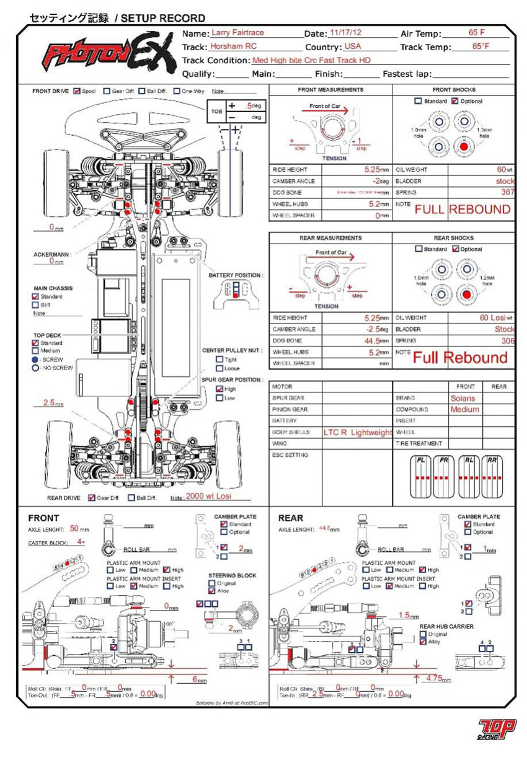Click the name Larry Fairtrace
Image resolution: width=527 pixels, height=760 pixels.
pyautogui.click(x=238, y=32)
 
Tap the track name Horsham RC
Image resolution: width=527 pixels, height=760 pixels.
pyautogui.click(x=233, y=46)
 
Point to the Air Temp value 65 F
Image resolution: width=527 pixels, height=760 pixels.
pyautogui.click(x=477, y=32)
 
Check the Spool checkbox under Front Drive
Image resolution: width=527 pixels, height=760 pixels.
pyautogui.click(x=77, y=91)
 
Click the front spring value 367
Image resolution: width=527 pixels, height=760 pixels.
pyautogui.click(x=508, y=193)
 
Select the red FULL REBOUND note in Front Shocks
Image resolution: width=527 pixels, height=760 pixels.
pyautogui.click(x=463, y=210)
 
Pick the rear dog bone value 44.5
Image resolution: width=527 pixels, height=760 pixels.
pyautogui.click(x=373, y=341)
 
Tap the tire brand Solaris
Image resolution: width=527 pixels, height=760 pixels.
pyautogui.click(x=463, y=399)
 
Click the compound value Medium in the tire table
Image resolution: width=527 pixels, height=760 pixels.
pyautogui.click(x=464, y=410)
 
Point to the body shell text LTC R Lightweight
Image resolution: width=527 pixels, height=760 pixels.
pyautogui.click(x=358, y=433)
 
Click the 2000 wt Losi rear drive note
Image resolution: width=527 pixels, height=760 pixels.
pyautogui.click(x=209, y=497)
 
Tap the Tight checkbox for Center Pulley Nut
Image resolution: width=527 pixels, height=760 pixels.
pyautogui.click(x=219, y=360)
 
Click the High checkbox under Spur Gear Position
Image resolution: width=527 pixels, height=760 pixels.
pyautogui.click(x=219, y=389)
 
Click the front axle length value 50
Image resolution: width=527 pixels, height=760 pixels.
pyautogui.click(x=74, y=529)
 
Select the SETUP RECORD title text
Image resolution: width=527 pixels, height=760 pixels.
pyautogui.click(x=163, y=19)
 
